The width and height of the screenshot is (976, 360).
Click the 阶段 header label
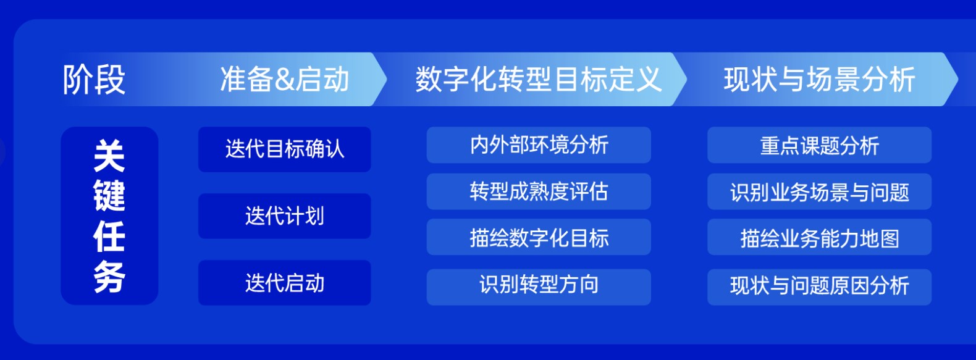click(x=94, y=80)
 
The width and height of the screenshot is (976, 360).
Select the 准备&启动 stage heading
click(x=285, y=79)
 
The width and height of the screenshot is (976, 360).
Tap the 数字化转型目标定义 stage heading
click(x=539, y=79)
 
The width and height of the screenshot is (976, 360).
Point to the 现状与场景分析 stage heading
click(x=819, y=79)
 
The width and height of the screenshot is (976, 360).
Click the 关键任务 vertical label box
click(x=109, y=216)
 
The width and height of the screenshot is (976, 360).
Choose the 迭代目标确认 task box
click(x=285, y=149)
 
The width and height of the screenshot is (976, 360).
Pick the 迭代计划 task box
click(x=285, y=216)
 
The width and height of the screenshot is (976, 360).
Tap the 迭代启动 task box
click(x=285, y=283)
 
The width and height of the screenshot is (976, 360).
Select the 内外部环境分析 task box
click(x=539, y=145)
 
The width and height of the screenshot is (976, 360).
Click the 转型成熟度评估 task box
click(x=539, y=191)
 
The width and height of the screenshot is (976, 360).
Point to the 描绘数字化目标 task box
click(x=539, y=237)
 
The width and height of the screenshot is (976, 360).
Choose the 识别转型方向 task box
click(x=539, y=287)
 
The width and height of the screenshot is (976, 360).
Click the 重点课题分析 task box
click(x=819, y=145)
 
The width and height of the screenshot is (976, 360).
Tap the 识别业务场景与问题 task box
click(x=819, y=191)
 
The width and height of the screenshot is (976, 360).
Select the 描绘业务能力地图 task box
click(x=819, y=237)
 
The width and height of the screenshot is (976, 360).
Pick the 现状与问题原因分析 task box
click(x=819, y=287)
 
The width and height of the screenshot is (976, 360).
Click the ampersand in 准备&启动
click(x=285, y=80)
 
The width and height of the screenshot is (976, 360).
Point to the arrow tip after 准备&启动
click(x=387, y=79)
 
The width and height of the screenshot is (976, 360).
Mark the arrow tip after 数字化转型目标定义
click(x=687, y=79)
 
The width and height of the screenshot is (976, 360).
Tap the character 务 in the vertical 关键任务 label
click(x=109, y=277)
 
